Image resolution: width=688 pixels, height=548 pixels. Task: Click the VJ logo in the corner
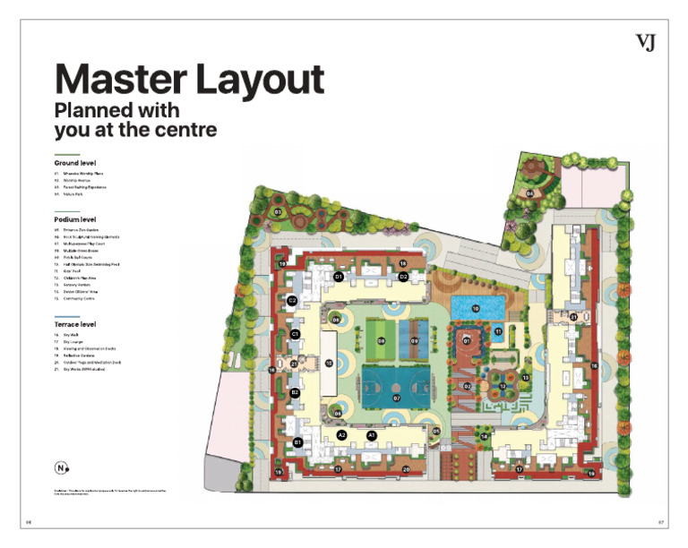(645, 42)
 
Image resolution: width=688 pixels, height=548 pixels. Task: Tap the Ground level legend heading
(74, 163)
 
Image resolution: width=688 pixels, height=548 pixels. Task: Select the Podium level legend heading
(75, 219)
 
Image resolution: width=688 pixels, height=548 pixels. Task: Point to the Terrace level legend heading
(75, 323)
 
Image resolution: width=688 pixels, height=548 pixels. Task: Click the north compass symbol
(61, 467)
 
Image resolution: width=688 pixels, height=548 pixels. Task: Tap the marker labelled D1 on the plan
(339, 277)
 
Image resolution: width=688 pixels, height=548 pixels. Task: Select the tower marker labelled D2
(404, 277)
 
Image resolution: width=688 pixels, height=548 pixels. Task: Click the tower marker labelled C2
(292, 300)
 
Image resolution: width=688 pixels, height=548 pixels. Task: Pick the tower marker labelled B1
(297, 442)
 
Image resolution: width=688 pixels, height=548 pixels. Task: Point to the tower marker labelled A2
(341, 434)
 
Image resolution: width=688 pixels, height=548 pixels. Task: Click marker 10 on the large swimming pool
(476, 308)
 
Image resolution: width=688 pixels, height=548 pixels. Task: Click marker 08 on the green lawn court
(382, 341)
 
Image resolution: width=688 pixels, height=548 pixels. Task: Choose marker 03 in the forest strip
(278, 212)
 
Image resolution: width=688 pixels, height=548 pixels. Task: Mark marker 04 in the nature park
(529, 193)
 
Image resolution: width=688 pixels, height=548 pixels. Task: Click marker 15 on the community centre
(329, 363)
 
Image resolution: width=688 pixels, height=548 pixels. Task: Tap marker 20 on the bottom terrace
(406, 468)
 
